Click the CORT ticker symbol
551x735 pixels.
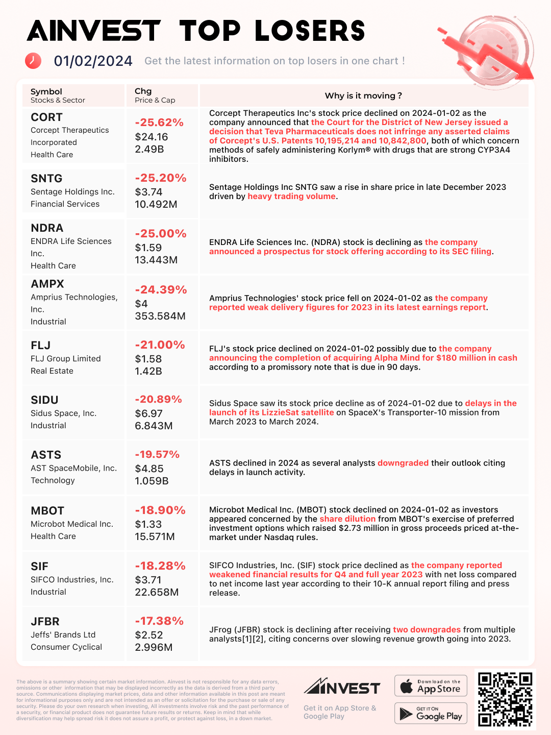coord(46,117)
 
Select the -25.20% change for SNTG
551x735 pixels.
coord(160,178)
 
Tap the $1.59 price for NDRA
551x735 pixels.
coord(148,248)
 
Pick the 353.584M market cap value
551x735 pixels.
coord(160,316)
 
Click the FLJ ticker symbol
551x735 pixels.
coord(40,346)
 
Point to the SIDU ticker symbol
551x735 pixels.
coord(44,400)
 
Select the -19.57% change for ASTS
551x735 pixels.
coord(157,454)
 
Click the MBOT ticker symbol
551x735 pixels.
coord(47,511)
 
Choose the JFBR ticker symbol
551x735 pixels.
coord(45,622)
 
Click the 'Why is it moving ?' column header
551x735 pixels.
coord(363,96)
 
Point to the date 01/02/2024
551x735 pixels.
coord(93,61)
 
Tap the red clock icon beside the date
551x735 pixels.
coord(33,60)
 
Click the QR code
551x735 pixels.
coord(505,699)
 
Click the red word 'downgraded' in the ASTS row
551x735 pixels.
coord(403,463)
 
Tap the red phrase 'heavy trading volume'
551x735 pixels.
coord(291,197)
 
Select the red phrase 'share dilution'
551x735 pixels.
coord(347,519)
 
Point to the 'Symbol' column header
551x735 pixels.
coord(46,91)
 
